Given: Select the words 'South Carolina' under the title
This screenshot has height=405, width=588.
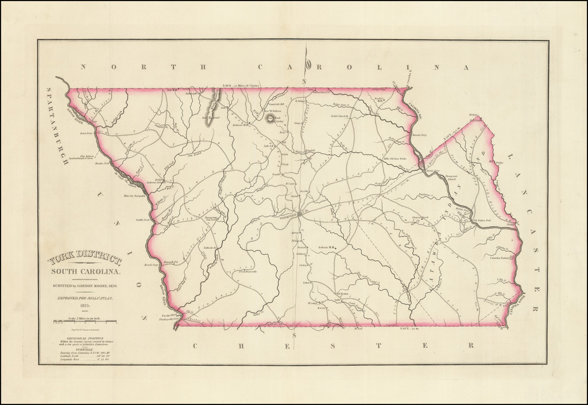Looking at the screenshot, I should (85, 271).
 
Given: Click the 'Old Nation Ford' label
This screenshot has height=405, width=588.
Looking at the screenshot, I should (481, 220).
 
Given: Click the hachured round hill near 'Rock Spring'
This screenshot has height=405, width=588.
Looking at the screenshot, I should (269, 119).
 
